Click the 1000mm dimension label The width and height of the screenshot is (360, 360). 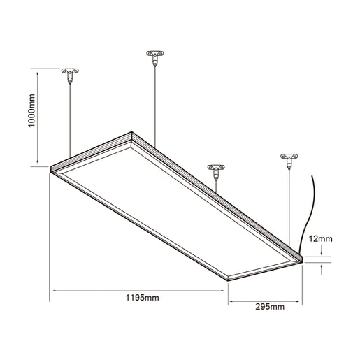tap(31, 110)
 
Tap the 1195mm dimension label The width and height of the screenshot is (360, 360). tap(142, 298)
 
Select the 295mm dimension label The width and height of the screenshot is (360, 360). tap(270, 306)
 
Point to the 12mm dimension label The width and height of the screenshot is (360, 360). tap(320, 238)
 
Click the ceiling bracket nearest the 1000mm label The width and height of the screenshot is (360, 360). tap(70, 74)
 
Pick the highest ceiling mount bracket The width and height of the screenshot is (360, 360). tap(155, 57)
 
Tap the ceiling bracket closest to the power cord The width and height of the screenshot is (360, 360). tap(289, 161)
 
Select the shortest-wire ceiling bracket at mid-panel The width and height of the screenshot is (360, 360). tap(216, 171)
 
